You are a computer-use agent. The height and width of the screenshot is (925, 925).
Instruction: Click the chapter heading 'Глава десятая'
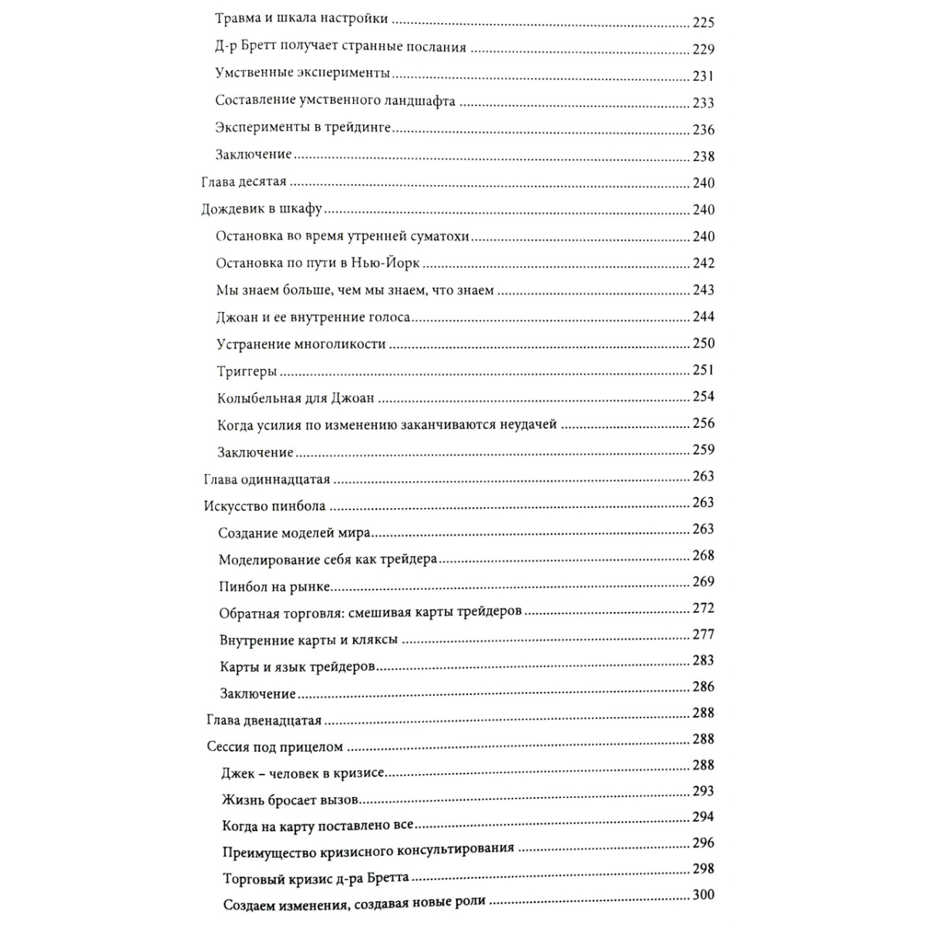[x=244, y=182]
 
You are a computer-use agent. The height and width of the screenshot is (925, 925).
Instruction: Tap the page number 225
[x=704, y=22]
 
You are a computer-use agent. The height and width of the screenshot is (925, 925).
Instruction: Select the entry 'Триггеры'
[x=247, y=372]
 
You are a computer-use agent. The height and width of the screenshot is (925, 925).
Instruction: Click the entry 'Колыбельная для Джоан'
[x=295, y=399]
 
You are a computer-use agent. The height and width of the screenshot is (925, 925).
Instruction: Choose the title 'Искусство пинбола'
[x=264, y=506]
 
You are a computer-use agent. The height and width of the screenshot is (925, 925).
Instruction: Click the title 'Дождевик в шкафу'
[x=261, y=209]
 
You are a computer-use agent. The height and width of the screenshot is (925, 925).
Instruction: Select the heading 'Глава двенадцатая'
[x=264, y=721]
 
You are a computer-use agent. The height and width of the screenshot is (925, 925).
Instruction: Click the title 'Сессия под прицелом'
[x=275, y=747]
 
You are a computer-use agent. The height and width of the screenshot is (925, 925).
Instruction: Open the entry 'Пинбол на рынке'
[x=275, y=587]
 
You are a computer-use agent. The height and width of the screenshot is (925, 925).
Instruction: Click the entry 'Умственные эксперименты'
[x=302, y=74]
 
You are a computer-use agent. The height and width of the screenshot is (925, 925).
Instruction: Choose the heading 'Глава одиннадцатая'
[x=267, y=479]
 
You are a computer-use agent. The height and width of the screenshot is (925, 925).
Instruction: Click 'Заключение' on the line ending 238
[x=254, y=154]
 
